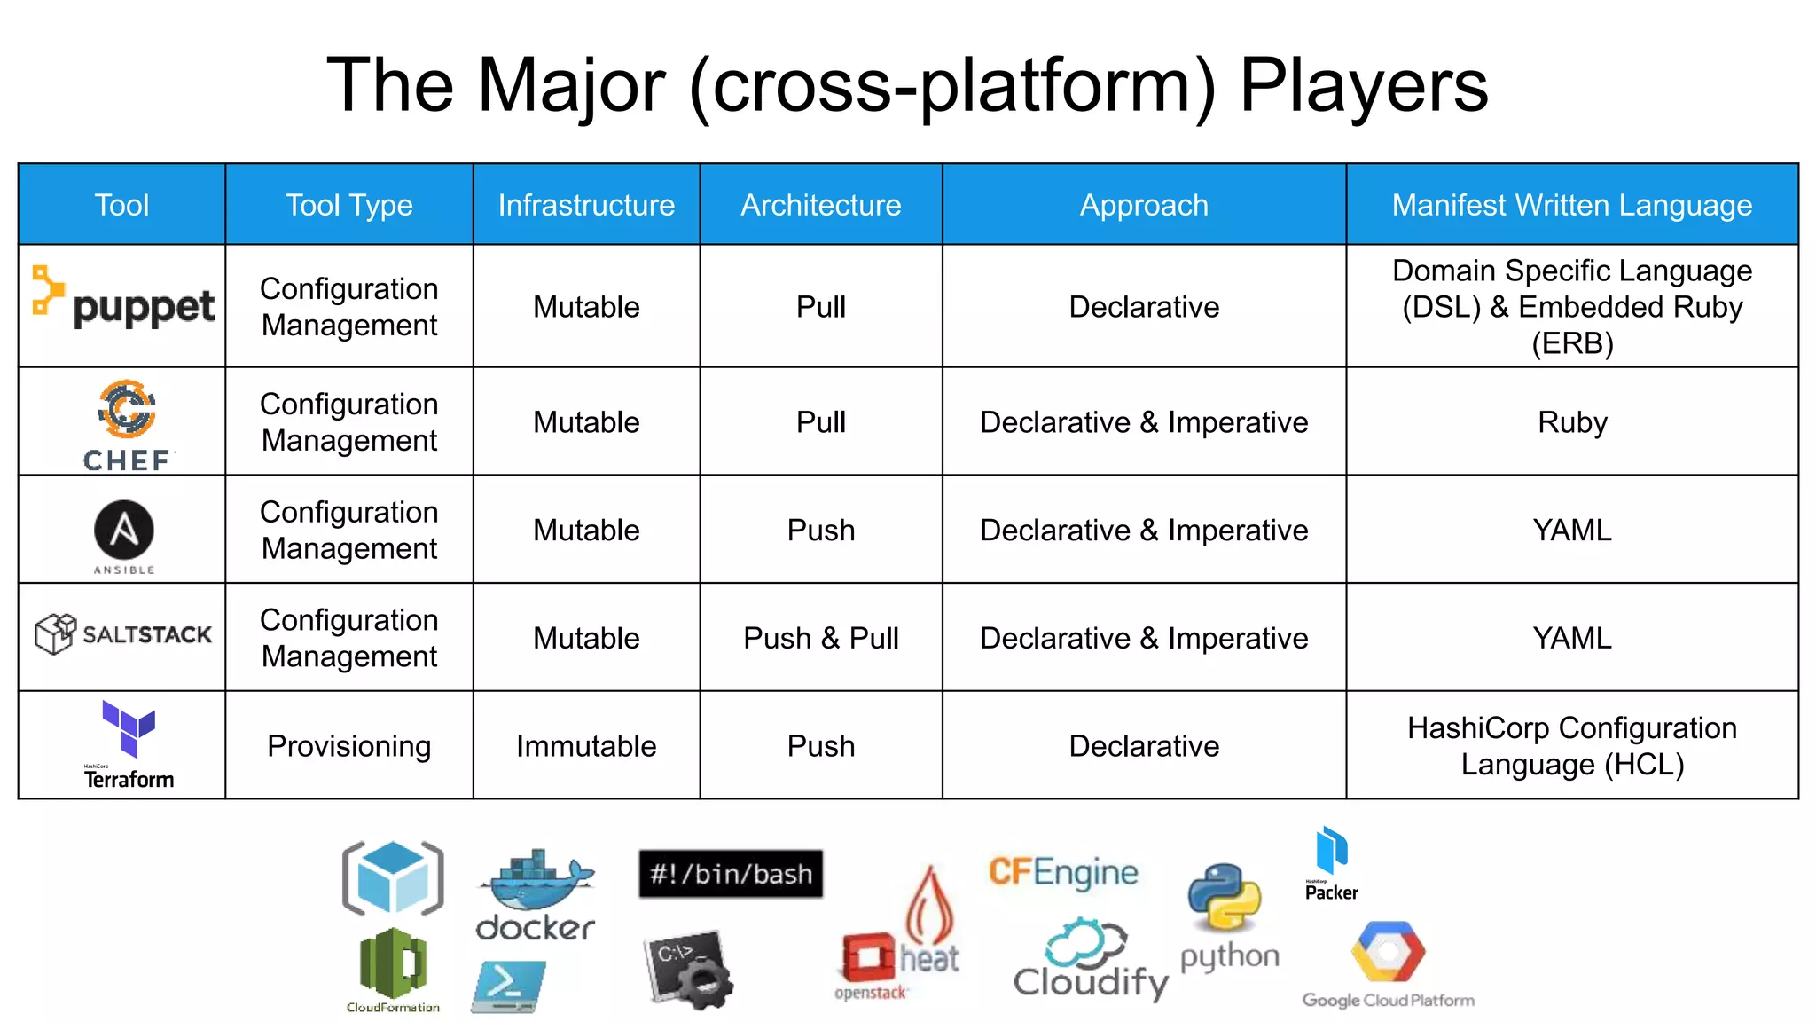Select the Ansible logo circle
click(x=124, y=530)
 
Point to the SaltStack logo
click(x=123, y=634)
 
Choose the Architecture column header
click(x=820, y=205)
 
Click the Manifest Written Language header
click(x=1571, y=205)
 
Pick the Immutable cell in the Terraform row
click(x=586, y=746)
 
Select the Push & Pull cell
click(x=820, y=638)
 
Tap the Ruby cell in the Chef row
click(x=1571, y=422)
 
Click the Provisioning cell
click(x=348, y=746)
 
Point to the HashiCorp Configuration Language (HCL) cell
click(x=1571, y=746)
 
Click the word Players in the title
click(x=1363, y=85)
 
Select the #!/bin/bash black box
click(x=731, y=874)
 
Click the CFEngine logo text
click(x=1063, y=872)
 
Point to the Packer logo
click(x=1331, y=863)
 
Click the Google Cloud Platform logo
click(x=1388, y=963)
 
